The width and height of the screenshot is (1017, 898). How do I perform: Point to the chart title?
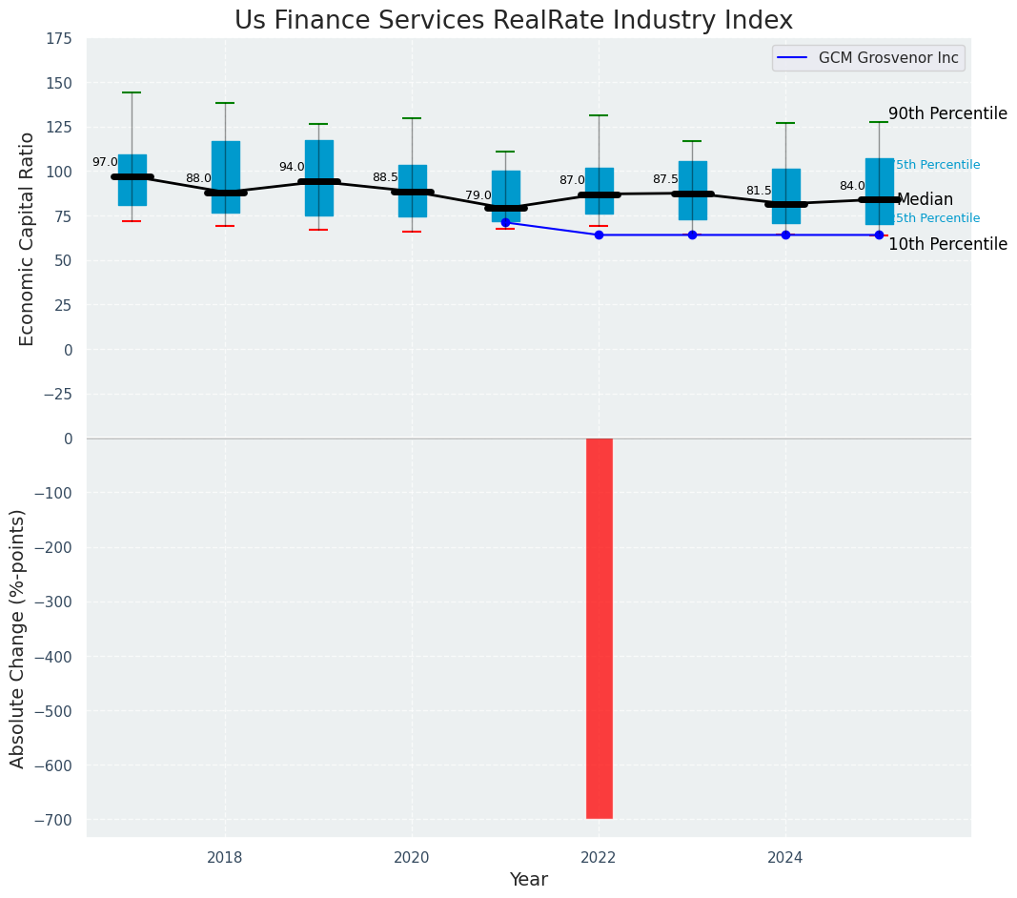point(514,20)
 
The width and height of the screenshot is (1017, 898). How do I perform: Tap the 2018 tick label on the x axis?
point(225,857)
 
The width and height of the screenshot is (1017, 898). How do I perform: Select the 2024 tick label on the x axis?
point(785,857)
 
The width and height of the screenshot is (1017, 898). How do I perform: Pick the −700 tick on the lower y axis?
point(52,820)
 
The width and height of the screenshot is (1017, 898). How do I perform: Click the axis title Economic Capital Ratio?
point(27,238)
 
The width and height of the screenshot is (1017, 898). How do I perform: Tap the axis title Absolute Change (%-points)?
point(18,638)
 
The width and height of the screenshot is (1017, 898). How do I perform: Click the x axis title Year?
point(528,880)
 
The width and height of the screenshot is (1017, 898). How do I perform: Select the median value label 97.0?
point(105,162)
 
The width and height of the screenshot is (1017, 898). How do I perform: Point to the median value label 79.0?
point(478,195)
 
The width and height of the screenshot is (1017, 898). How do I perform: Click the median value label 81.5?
point(759,191)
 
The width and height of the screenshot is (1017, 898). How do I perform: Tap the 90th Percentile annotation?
point(947,113)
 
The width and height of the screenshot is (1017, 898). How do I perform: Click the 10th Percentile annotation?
point(947,244)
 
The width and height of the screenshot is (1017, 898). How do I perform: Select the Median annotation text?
point(925,199)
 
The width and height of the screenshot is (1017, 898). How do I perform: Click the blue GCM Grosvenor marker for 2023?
point(692,235)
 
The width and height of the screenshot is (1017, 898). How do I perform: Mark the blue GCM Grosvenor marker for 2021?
point(505,222)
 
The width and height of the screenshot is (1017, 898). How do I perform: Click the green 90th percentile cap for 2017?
point(132,92)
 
